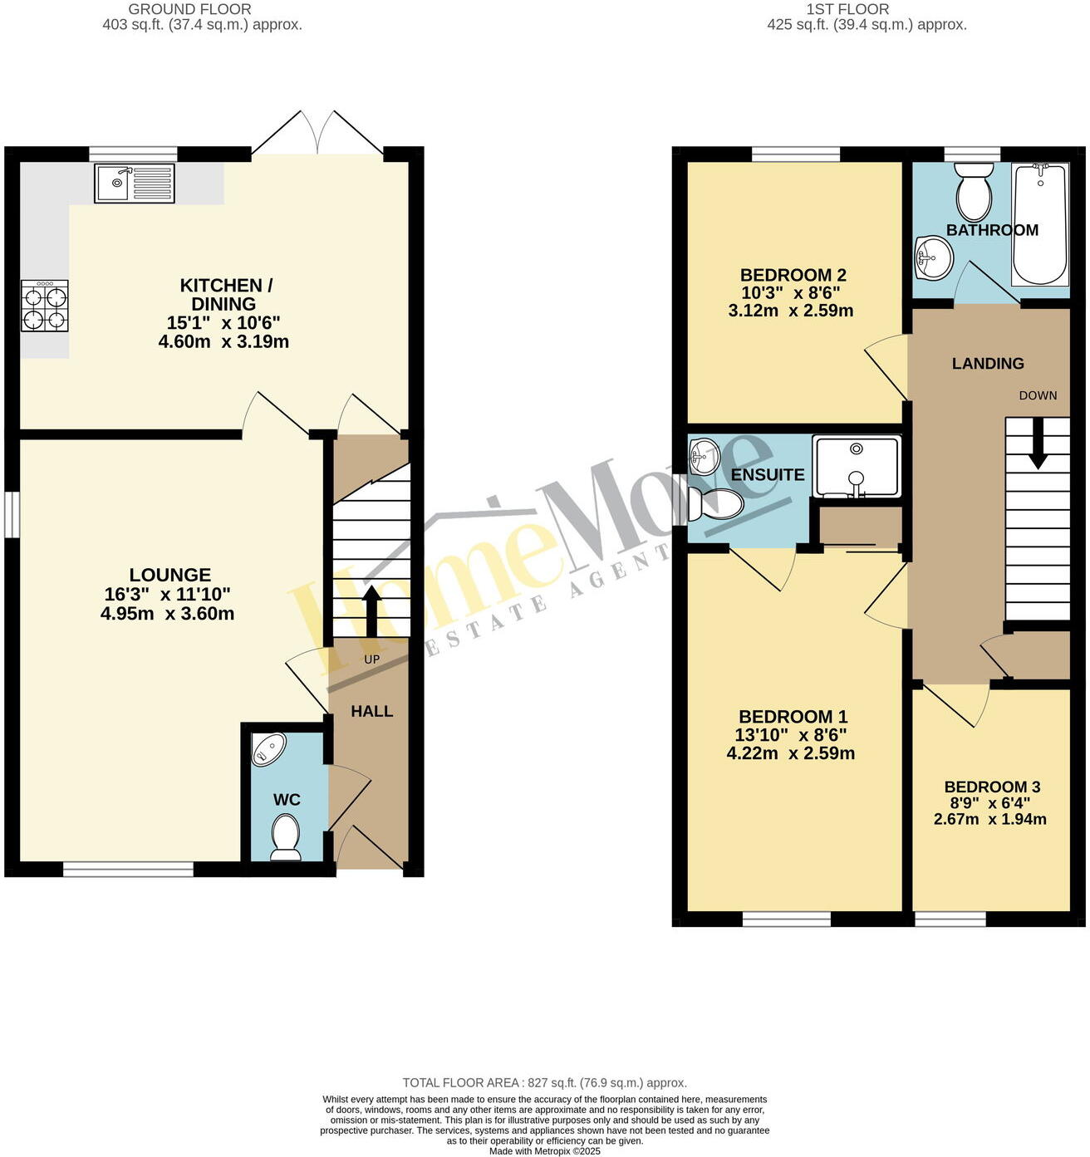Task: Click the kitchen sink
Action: [x=135, y=184]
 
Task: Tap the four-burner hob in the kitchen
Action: [x=45, y=306]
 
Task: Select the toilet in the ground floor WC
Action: [x=286, y=836]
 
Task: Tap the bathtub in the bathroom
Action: [x=1038, y=224]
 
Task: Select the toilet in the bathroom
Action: [x=974, y=192]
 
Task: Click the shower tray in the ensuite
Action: [x=857, y=466]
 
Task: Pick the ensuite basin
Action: [x=704, y=457]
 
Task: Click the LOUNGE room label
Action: [x=169, y=575]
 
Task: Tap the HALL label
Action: [x=371, y=711]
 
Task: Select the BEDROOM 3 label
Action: [x=992, y=787]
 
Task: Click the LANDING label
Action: [x=987, y=363]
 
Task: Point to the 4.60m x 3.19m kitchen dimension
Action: [x=223, y=341]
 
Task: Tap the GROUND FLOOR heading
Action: [x=189, y=9]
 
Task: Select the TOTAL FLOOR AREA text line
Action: [x=544, y=1082]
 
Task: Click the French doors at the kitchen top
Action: [x=317, y=133]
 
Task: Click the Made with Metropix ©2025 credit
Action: [x=544, y=1151]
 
